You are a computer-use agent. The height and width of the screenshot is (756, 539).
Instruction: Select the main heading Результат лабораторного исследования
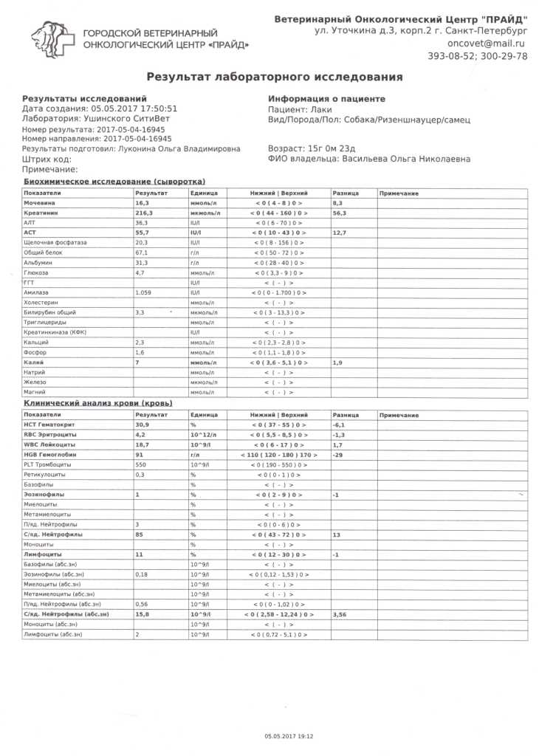tap(275, 77)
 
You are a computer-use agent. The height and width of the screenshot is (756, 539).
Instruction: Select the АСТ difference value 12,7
tap(340, 233)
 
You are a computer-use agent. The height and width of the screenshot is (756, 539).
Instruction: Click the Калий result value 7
tap(137, 362)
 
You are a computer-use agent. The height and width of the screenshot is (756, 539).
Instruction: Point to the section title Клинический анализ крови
tap(97, 404)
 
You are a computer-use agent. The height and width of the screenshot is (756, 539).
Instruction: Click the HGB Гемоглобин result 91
tap(139, 455)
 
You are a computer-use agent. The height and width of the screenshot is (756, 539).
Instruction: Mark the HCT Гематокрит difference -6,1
tap(340, 425)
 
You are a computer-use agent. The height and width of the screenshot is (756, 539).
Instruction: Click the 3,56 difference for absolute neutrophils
tap(340, 614)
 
